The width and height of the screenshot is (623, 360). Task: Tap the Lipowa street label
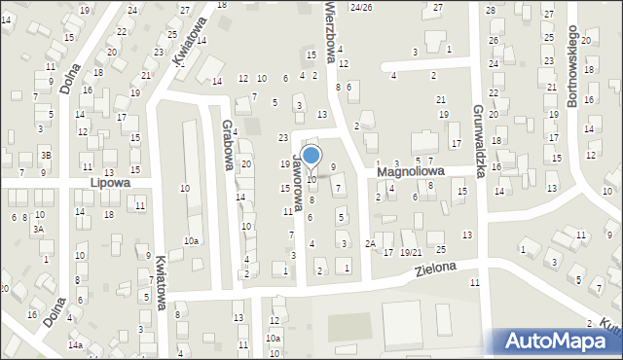[109, 182]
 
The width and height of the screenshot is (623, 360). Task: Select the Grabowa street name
[229, 144]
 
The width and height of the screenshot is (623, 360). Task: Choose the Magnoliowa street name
[411, 170]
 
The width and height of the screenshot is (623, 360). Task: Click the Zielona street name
[434, 270]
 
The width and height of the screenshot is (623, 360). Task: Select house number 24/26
[361, 7]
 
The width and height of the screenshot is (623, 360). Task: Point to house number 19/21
[410, 252]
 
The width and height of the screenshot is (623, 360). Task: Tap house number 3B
[46, 155]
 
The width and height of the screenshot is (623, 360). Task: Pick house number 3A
[38, 229]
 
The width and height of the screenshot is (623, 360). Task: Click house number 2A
[370, 243]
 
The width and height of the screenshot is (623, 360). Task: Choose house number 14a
[75, 344]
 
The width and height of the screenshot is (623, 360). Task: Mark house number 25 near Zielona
[440, 250]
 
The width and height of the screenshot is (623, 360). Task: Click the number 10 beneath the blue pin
[311, 180]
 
